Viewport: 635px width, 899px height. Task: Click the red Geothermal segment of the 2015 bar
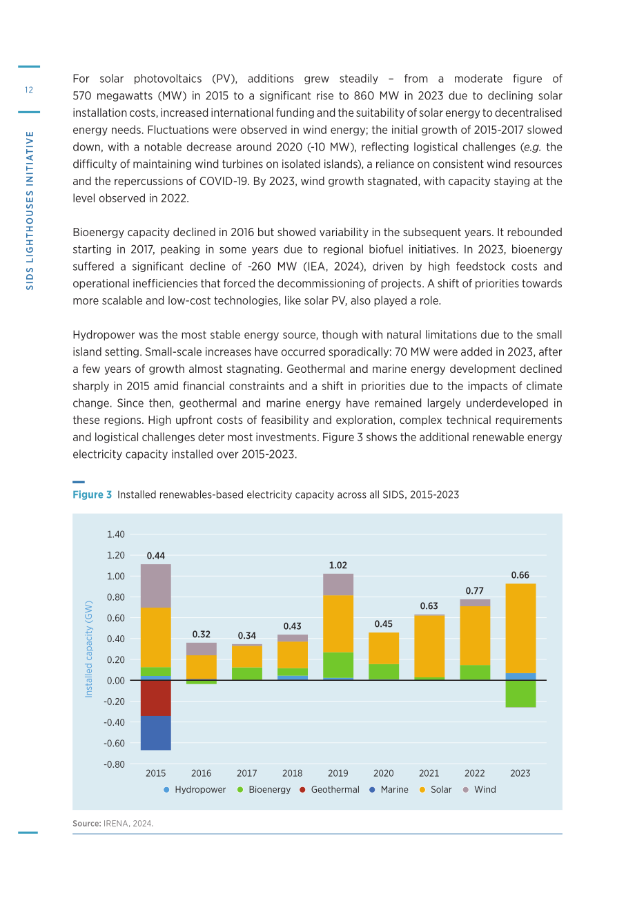tap(155, 698)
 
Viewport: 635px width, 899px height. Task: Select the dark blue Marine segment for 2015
tap(155, 733)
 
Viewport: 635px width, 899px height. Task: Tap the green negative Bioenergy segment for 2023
tap(520, 693)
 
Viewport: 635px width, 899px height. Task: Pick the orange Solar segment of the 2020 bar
tap(384, 648)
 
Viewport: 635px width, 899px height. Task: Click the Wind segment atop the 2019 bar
tap(338, 584)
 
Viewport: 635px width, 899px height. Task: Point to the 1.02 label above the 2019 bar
tap(338, 565)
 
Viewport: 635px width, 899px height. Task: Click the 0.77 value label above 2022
tap(475, 590)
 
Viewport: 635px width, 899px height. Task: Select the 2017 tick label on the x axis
tap(246, 773)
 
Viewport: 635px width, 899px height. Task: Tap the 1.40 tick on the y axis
tap(115, 534)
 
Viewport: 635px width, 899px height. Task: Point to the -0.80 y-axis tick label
tap(114, 764)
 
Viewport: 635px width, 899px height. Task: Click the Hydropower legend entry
tap(195, 789)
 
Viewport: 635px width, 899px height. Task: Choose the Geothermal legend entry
tap(329, 789)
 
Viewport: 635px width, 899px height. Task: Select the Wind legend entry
tap(480, 789)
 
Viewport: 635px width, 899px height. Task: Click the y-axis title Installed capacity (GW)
tap(88, 649)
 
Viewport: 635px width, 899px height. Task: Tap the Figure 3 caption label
tap(92, 494)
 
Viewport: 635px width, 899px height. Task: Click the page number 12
tap(29, 90)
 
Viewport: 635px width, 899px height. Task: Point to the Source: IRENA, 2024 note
tap(113, 823)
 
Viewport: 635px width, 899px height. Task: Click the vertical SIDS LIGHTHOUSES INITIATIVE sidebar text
tap(30, 211)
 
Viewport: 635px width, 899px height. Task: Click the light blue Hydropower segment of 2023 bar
tap(520, 677)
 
